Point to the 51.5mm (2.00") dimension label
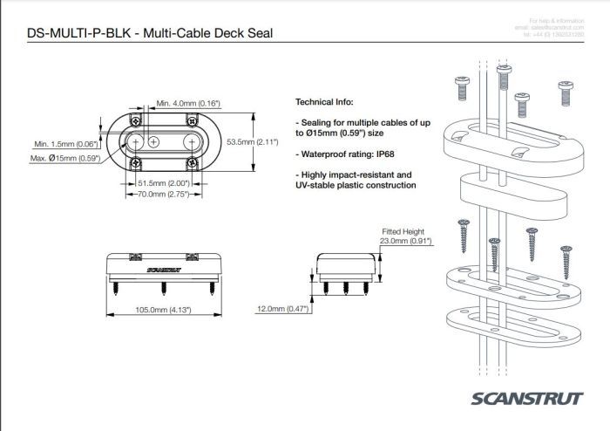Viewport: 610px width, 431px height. click(x=166, y=183)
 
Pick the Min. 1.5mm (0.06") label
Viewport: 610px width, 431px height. click(x=64, y=144)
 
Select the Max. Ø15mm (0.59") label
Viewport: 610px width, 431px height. click(x=64, y=158)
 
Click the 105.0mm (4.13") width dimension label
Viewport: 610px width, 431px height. click(x=161, y=310)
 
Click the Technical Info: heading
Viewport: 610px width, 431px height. click(x=329, y=101)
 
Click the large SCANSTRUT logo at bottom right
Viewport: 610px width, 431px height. click(x=526, y=399)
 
